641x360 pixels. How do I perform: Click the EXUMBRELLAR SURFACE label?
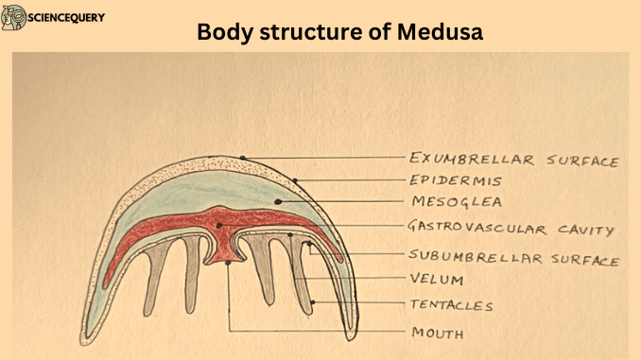(513, 159)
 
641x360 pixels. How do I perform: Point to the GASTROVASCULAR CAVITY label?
(511, 229)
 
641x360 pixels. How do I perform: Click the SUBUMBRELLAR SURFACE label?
(513, 257)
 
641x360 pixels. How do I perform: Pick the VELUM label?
(437, 281)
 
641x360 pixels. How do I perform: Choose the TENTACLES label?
(451, 305)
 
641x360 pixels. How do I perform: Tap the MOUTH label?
(436, 333)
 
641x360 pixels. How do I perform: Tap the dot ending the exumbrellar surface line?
(244, 157)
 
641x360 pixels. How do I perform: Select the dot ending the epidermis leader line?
(295, 179)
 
